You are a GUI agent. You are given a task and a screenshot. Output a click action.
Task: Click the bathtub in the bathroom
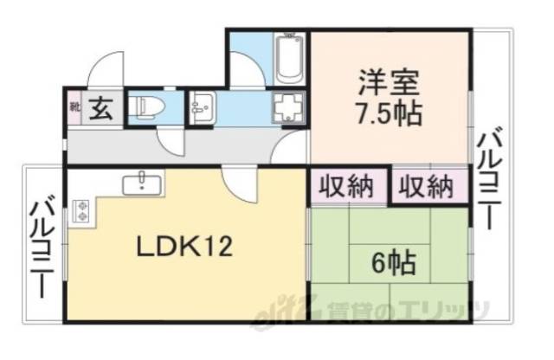(x=287, y=58)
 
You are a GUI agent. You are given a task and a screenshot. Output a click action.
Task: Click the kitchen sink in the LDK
(x=141, y=183)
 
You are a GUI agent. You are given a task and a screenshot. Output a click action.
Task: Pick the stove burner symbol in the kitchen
(x=83, y=209)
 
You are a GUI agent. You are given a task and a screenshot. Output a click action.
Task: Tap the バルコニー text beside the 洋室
(x=489, y=180)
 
